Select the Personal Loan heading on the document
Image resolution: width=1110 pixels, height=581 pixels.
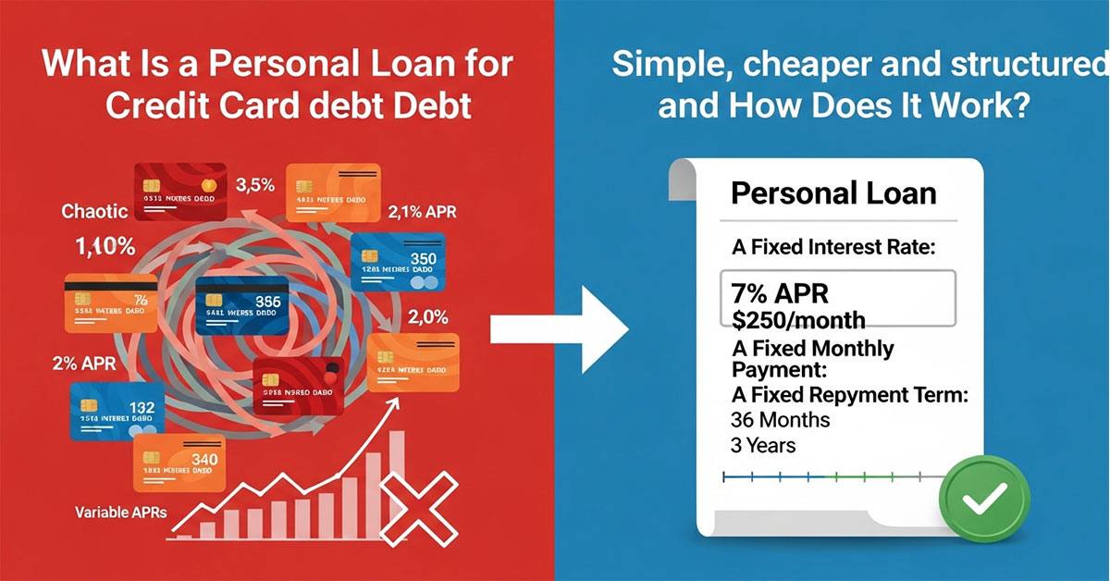[832, 193]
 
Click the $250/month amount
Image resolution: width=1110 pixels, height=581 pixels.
[798, 320]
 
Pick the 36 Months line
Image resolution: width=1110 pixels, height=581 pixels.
[781, 419]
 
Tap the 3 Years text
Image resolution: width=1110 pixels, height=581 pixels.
[763, 445]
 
